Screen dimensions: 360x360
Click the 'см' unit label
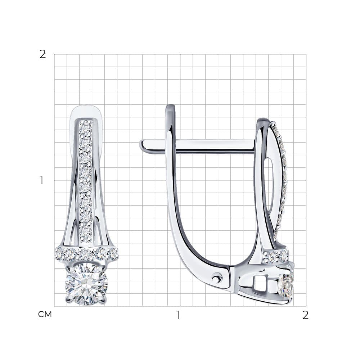tap(45, 315)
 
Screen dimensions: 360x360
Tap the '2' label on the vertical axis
tap(43, 55)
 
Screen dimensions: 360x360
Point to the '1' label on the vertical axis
tap(41, 180)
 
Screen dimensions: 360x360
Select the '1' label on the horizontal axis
tap(178, 315)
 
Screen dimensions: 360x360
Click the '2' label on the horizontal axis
tap(305, 315)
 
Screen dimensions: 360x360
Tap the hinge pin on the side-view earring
tap(217, 278)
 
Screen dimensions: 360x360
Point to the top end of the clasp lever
tap(170, 106)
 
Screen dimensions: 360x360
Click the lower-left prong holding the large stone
tap(69, 299)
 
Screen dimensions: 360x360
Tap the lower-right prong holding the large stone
tap(104, 298)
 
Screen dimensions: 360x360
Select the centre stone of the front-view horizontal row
tap(86, 253)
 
